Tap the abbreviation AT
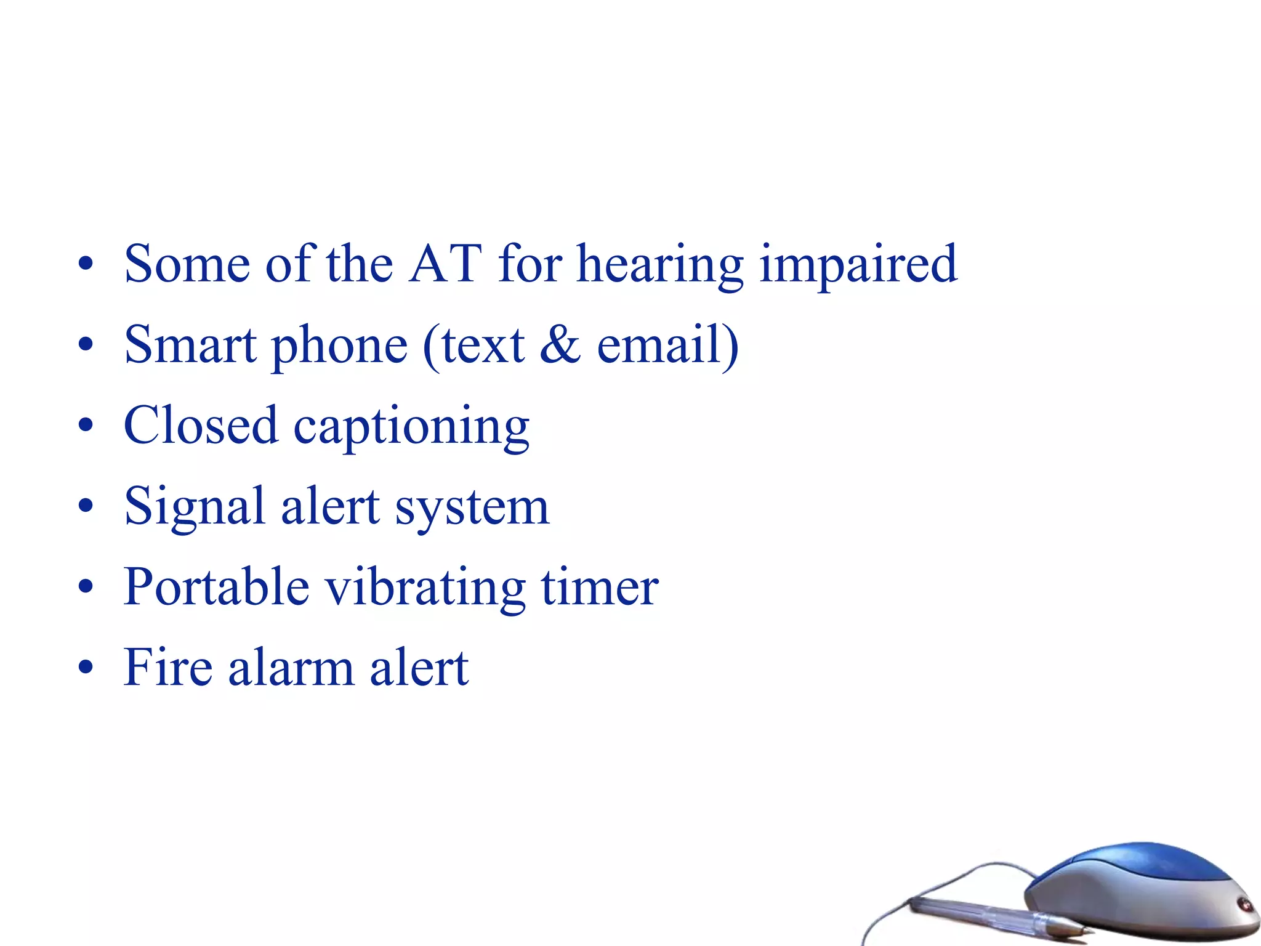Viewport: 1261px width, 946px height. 445,264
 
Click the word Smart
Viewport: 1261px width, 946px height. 190,344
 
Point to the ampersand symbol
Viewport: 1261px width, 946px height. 560,344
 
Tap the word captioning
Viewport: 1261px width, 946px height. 411,429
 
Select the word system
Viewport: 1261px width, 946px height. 472,509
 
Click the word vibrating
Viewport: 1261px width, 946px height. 425,588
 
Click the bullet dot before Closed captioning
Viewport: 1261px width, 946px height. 86,425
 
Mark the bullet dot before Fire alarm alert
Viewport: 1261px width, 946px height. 86,667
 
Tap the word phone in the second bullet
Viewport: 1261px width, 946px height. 339,347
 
